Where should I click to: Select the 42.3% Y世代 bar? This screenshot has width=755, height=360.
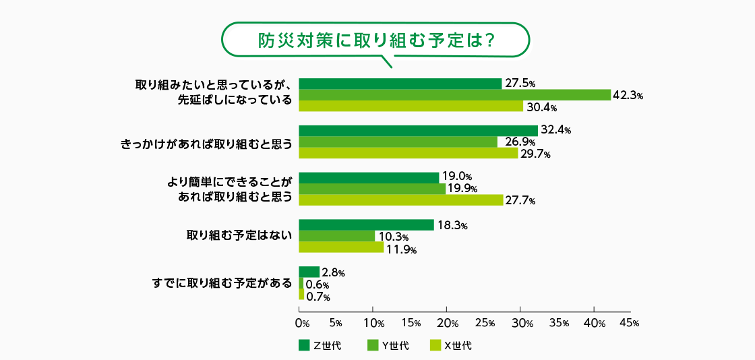pos(454,95)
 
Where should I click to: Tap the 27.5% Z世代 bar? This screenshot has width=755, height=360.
pos(400,84)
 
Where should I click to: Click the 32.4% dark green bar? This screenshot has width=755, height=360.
pos(418,130)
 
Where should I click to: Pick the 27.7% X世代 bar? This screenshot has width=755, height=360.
pos(401,200)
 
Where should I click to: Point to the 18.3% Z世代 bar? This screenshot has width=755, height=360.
pos(366,225)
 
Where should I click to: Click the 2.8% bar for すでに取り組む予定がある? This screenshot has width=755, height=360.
pos(309,272)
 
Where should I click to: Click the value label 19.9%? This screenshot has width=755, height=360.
pos(462,189)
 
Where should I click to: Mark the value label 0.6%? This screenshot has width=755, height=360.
pos(318,284)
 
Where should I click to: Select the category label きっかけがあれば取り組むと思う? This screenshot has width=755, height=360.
pos(206,142)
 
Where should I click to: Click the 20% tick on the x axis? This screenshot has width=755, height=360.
pos(447,323)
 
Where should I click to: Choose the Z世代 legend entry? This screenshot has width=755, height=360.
pos(320,346)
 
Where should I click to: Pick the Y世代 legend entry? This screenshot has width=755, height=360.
pos(388,346)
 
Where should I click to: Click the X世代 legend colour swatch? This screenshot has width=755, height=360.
pos(435,346)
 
